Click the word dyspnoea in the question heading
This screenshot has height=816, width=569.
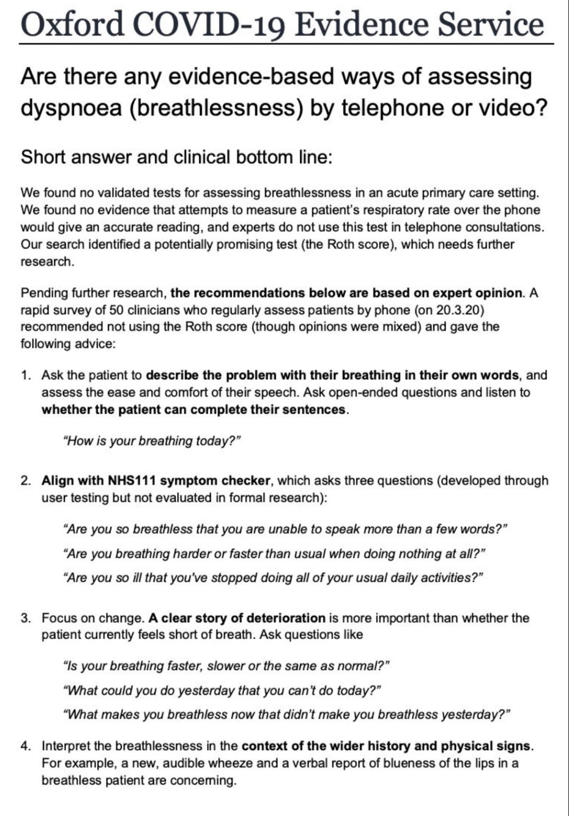(71, 108)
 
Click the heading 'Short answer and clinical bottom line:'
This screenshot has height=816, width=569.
(176, 157)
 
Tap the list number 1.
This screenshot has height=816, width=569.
(26, 376)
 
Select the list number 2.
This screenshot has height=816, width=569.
(26, 481)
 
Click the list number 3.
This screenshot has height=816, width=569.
(26, 618)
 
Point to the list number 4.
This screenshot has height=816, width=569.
(26, 746)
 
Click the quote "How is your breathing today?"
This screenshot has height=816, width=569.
(152, 441)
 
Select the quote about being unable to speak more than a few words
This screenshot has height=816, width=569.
(285, 529)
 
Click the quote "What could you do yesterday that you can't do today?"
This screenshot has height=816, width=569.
(222, 691)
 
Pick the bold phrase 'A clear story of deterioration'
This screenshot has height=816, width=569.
(237, 618)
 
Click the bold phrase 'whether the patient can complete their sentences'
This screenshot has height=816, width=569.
(194, 410)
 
